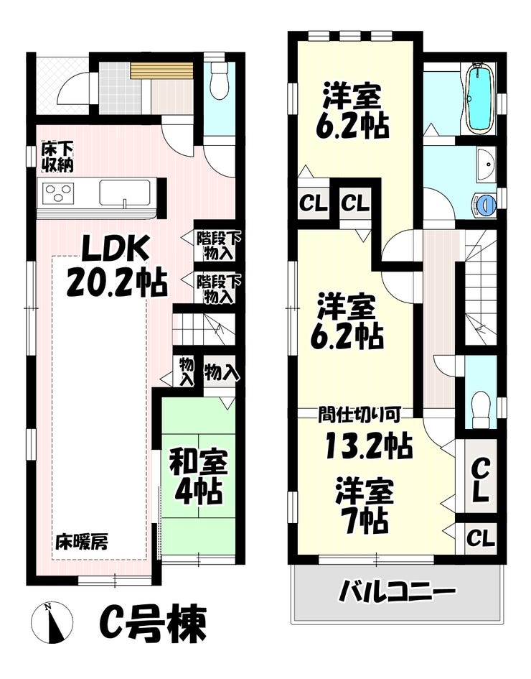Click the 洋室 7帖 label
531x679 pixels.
(365, 506)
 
